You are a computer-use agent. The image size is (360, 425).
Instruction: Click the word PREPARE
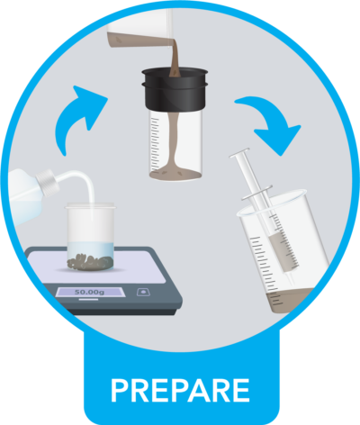pos(179,390)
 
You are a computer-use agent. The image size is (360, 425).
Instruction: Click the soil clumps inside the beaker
pos(90,261)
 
